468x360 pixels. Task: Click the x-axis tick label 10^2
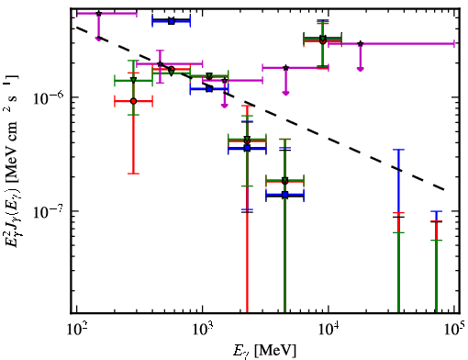click(76, 329)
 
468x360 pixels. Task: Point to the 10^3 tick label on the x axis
click(202, 329)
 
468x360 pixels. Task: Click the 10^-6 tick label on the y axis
click(48, 97)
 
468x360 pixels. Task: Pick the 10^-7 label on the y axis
click(48, 211)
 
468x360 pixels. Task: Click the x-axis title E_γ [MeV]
click(264, 351)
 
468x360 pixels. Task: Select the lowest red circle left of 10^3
click(133, 101)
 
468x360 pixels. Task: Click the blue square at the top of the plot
click(172, 21)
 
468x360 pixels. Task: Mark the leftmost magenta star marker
click(98, 14)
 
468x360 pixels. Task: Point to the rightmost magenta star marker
click(361, 44)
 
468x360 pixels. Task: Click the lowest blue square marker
click(285, 195)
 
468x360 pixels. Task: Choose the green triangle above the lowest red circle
click(133, 80)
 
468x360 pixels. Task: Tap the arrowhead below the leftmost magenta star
click(98, 39)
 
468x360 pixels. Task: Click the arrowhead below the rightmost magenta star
click(361, 69)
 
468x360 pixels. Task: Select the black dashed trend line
click(260, 108)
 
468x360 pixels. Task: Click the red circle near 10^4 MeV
click(323, 41)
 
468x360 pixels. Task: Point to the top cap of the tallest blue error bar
click(398, 150)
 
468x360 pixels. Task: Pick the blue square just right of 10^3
click(209, 89)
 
